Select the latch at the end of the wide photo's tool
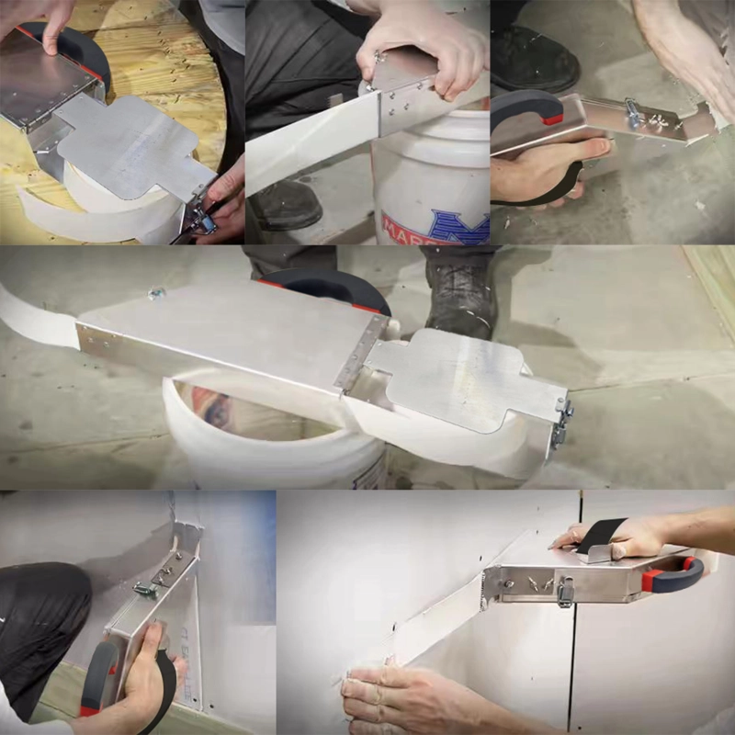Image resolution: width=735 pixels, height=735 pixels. coord(559,423)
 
